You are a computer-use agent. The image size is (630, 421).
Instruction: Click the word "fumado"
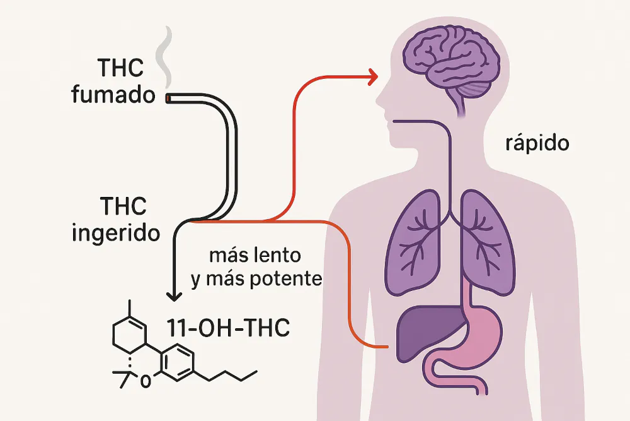tap(113, 95)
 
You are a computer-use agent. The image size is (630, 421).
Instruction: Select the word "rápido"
tap(537, 143)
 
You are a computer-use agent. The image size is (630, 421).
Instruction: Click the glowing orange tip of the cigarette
tap(168, 99)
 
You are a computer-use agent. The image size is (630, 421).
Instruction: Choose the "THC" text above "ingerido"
tap(123, 206)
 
